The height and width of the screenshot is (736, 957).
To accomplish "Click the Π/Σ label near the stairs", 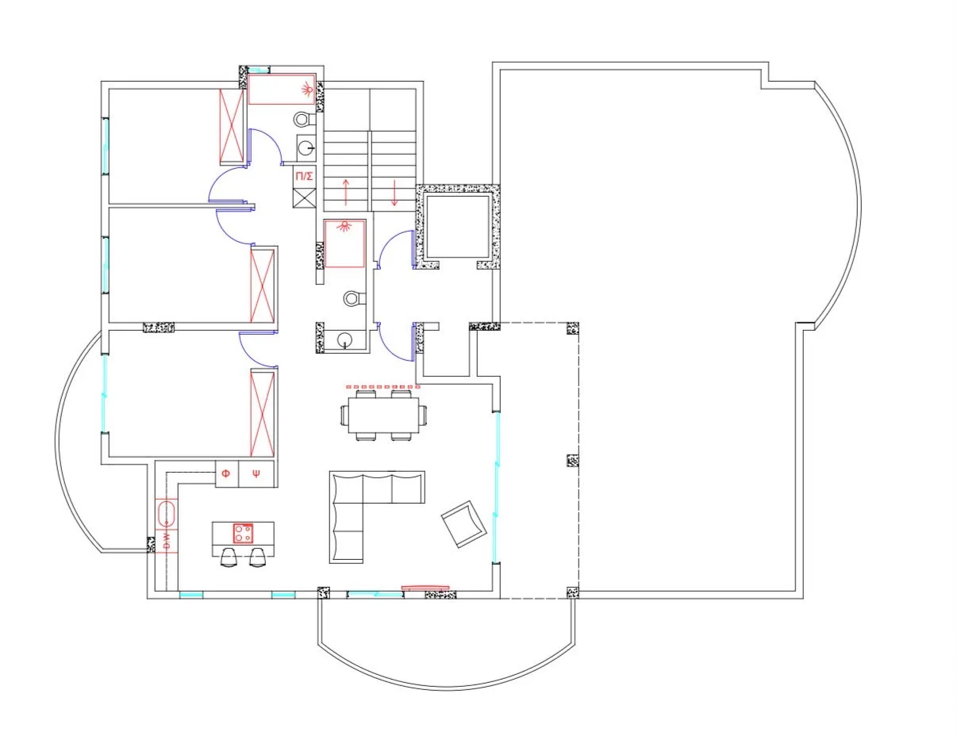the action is [304, 176].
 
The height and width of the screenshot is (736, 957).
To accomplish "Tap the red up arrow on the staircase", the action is [346, 192].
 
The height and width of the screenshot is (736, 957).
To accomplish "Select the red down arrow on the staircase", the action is [394, 193].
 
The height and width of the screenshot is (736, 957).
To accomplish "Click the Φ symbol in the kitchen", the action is [225, 473].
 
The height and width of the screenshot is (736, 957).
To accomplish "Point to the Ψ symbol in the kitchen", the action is [256, 473].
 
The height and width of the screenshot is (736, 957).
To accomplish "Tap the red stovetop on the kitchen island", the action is [243, 533].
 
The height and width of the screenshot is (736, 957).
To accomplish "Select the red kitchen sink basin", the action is [166, 513].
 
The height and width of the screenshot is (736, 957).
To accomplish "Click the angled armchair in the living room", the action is [463, 523].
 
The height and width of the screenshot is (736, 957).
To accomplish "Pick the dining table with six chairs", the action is [383, 415].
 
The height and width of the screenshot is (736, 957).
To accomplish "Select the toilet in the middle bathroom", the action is [355, 298].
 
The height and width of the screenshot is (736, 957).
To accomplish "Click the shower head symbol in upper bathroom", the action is [307, 90].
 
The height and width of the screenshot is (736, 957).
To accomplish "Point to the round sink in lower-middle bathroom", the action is [344, 339].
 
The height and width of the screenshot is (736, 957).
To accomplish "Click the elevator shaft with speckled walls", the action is [458, 227].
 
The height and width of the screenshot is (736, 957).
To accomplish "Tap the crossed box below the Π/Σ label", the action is [305, 197].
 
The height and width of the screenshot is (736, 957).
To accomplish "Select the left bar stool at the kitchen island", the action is [229, 557].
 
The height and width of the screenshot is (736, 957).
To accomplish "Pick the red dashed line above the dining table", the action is [383, 386].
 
